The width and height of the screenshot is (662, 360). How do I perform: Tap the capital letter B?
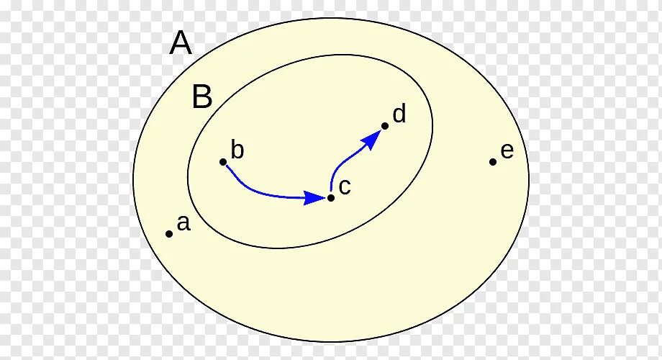coord(202,97)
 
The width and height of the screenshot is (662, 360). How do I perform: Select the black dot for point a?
coord(169,233)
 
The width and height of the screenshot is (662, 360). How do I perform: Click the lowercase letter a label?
coord(183,223)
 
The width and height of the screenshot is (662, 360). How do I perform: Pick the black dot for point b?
coord(223,162)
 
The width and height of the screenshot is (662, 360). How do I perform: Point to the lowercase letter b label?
coord(237,150)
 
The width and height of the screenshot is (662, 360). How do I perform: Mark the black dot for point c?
coord(331,197)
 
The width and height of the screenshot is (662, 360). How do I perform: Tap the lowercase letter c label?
coord(344,187)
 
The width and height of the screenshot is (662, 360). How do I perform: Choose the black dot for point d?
coord(385,126)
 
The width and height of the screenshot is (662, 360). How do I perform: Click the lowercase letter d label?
coord(399,114)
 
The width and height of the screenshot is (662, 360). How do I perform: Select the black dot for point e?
coord(493,162)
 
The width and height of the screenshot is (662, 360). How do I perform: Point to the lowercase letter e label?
coord(507,151)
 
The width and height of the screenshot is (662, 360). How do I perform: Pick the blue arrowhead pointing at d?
coord(373,138)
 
